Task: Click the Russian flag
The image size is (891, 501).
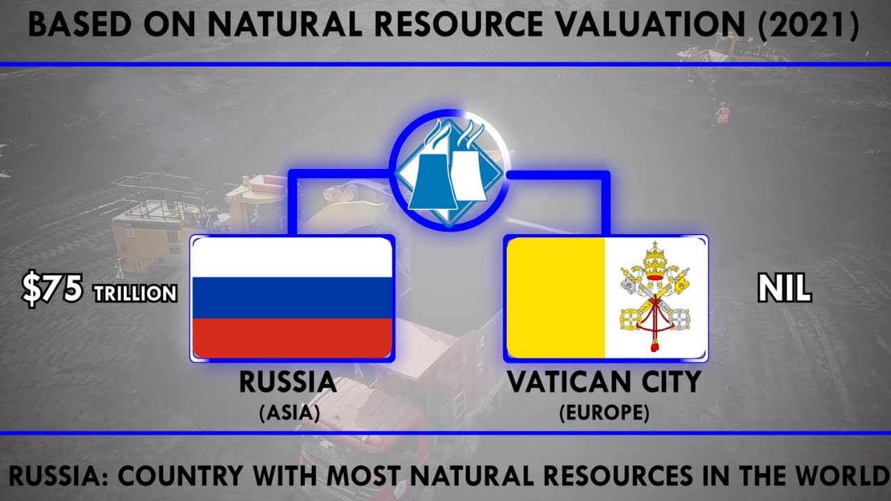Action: click(292, 298)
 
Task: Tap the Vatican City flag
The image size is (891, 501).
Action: click(607, 298)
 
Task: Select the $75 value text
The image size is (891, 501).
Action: click(53, 289)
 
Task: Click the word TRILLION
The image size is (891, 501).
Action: click(136, 294)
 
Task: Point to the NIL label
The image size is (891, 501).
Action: click(784, 288)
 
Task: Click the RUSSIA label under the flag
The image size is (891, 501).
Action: click(288, 383)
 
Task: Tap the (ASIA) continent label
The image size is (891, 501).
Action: click(289, 413)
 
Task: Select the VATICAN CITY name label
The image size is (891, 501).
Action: click(603, 383)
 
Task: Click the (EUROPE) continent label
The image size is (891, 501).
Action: click(604, 413)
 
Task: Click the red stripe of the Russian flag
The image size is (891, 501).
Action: click(292, 338)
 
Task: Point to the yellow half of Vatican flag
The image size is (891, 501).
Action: click(555, 298)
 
